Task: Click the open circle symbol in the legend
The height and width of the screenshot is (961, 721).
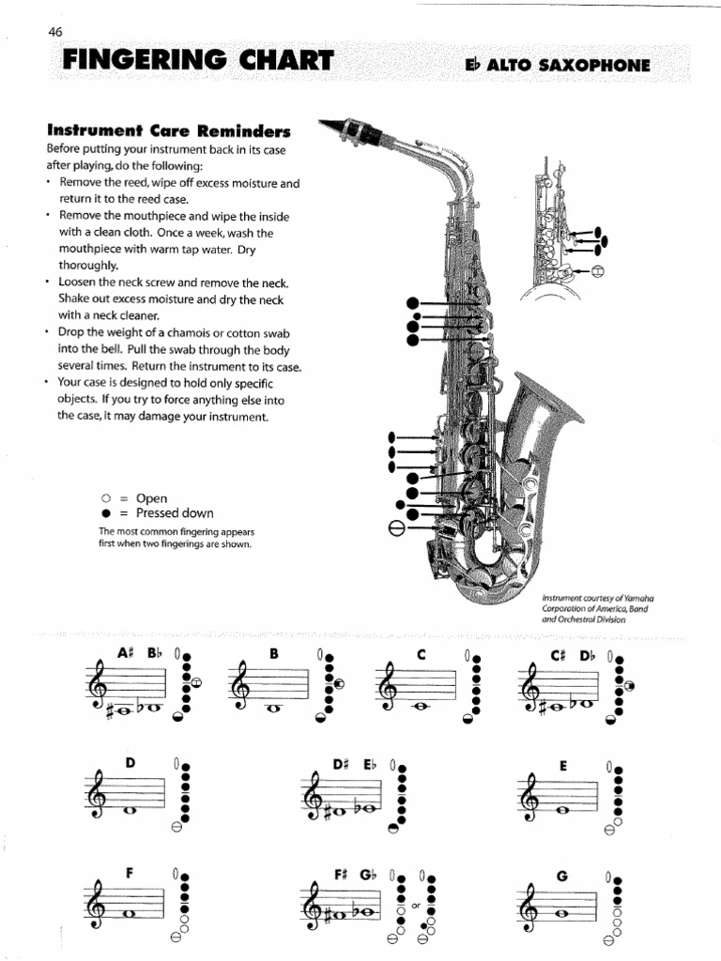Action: pos(105,498)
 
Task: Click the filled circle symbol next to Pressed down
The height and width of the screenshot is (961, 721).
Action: pos(105,513)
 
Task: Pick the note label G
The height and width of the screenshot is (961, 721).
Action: pos(562,877)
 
